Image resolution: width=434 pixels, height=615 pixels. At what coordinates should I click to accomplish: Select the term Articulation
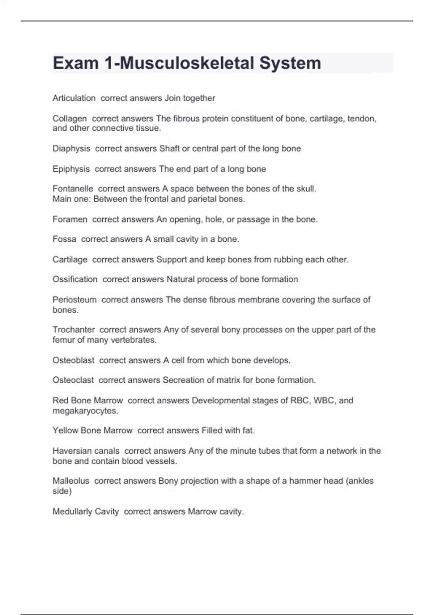click(74, 98)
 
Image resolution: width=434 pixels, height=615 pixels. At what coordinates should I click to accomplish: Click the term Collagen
click(69, 119)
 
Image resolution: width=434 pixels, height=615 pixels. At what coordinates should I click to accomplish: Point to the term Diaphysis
click(71, 149)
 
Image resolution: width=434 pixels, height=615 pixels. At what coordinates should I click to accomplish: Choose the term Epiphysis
click(71, 169)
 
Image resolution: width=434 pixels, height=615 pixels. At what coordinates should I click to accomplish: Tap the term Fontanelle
click(73, 189)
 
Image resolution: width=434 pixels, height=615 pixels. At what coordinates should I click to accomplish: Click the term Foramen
click(70, 219)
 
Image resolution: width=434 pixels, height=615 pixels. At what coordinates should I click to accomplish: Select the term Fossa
click(64, 239)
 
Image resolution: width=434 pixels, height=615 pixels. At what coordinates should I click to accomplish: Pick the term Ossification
click(75, 279)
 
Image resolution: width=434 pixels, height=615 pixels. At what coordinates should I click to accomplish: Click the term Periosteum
click(75, 300)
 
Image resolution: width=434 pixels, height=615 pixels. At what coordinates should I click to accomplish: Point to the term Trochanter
click(74, 330)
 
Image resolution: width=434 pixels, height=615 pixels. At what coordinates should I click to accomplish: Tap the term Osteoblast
click(73, 360)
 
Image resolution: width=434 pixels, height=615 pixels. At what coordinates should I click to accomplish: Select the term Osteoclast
click(73, 380)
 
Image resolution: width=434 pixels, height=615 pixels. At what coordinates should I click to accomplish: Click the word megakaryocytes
click(85, 411)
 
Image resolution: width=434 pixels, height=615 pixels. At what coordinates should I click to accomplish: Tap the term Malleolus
click(71, 481)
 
